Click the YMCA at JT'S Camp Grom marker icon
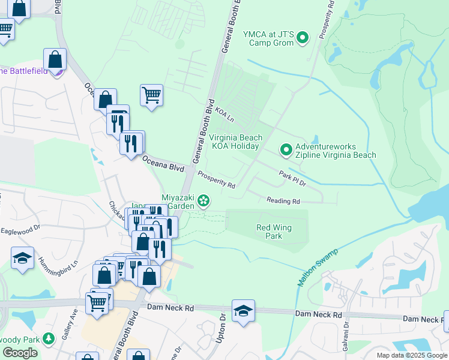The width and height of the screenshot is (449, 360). (303, 38)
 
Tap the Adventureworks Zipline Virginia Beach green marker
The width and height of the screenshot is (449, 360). (286, 150)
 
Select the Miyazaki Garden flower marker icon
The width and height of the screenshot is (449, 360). (204, 200)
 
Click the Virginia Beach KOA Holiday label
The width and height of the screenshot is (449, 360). (235, 142)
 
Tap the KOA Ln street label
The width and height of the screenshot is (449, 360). (224, 113)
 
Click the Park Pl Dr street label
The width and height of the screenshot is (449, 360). (292, 178)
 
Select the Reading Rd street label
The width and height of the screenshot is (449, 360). (283, 202)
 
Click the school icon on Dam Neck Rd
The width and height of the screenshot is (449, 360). (243, 311)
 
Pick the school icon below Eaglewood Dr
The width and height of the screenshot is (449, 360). (23, 259)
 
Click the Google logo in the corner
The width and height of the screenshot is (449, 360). (20, 353)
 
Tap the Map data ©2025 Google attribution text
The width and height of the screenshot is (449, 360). (411, 355)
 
